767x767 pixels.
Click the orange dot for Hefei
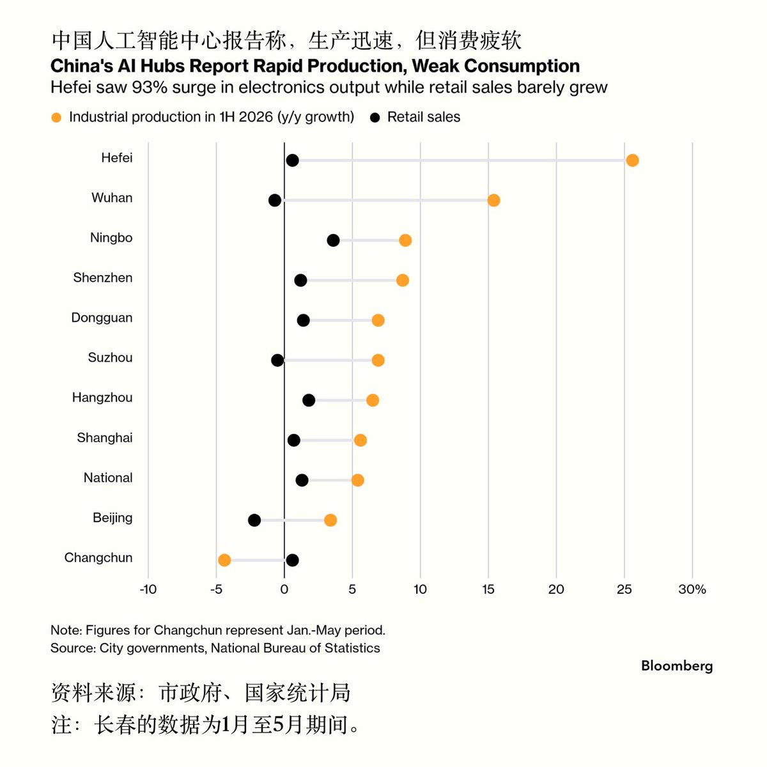632,160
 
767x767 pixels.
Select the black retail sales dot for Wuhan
275,200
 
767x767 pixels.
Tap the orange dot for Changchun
224,560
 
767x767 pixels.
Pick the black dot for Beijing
254,520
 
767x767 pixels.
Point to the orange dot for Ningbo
405,240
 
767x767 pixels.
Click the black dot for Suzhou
277,360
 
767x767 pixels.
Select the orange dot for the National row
357,480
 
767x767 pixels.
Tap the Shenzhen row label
103,277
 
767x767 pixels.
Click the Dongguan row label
102,318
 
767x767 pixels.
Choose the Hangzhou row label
102,398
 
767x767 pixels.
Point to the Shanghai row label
105,438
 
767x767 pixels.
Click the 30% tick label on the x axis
692,589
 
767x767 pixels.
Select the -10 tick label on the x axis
148,589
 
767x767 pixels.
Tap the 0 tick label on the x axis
284,589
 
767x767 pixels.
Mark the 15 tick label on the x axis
488,589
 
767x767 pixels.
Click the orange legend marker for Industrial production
56,118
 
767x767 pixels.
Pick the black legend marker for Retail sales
375,118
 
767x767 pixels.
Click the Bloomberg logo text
677,666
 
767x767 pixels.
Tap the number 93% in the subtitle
150,88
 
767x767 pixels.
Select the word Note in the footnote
66,630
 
